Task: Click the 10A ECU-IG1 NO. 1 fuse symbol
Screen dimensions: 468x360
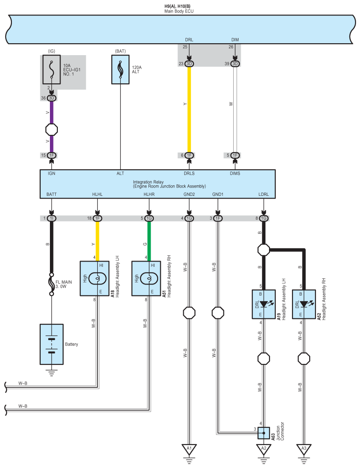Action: coord(52,69)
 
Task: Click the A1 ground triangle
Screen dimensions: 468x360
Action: coord(189,449)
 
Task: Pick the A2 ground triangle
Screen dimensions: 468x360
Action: coord(264,449)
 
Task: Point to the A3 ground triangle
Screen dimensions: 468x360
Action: coord(303,449)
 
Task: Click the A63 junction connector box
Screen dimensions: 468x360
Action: coord(264,433)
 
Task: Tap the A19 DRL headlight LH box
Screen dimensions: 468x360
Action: coord(264,304)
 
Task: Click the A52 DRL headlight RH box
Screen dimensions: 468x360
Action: coord(303,304)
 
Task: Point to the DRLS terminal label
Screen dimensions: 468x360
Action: coord(189,174)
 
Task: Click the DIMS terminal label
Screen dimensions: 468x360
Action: coord(235,174)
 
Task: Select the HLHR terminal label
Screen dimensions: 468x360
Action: coord(149,194)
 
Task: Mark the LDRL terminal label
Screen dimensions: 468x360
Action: coord(264,194)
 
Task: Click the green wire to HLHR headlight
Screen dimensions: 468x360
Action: coord(149,240)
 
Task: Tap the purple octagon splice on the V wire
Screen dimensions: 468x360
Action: coord(52,130)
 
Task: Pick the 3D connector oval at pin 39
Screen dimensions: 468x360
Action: coord(235,64)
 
